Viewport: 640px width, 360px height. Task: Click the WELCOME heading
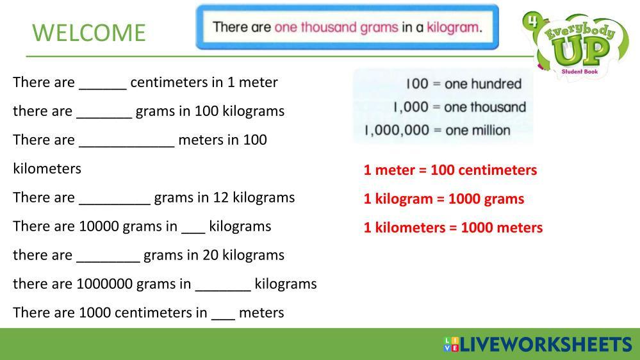[x=88, y=33]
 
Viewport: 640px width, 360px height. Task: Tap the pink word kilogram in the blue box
[x=453, y=28]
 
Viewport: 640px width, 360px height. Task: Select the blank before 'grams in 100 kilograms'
[x=104, y=117]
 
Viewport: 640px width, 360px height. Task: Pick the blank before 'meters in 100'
[x=127, y=145]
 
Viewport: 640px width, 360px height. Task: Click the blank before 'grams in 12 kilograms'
[x=115, y=203]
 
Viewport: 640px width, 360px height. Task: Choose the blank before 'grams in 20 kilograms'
[x=108, y=261]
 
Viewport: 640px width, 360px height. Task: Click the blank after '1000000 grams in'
[x=223, y=290]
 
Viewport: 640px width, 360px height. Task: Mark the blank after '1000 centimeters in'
[x=224, y=318]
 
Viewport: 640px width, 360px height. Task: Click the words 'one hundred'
[x=483, y=84]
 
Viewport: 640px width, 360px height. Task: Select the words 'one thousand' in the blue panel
[x=485, y=108]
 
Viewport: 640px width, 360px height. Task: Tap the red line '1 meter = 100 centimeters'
[x=450, y=170]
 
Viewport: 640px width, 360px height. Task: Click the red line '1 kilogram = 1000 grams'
[x=444, y=199]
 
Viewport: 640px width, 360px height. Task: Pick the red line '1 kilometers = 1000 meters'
[x=453, y=227]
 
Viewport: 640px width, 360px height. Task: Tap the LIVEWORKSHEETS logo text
[x=546, y=345]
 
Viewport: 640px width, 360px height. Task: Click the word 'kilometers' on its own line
[x=47, y=168]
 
